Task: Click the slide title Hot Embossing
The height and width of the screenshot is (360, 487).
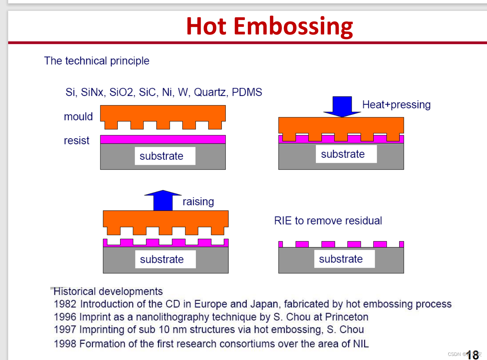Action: [x=270, y=26]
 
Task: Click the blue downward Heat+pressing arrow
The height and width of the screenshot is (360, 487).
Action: [x=342, y=106]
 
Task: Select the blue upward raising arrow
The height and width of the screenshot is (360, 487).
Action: [x=163, y=200]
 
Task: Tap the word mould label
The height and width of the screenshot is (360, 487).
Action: [x=78, y=117]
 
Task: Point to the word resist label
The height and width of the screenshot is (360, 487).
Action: [x=77, y=140]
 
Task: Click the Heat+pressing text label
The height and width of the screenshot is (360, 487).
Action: [x=396, y=105]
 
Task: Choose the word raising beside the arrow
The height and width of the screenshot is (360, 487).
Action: [x=198, y=202]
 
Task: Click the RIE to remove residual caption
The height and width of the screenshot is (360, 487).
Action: [x=328, y=221]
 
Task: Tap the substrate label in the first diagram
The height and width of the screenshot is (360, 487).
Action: [x=162, y=156]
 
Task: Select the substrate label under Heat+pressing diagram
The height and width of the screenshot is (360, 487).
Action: [x=343, y=154]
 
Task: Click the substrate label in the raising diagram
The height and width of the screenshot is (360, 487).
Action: [x=162, y=259]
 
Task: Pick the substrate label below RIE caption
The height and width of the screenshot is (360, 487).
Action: [x=341, y=259]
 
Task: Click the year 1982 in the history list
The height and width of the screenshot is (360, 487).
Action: [x=65, y=304]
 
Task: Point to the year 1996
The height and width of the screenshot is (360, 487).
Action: [x=65, y=317]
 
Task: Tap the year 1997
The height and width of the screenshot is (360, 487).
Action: [x=65, y=329]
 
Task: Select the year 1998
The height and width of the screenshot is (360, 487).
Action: [x=65, y=344]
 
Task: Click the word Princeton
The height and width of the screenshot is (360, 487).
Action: [x=347, y=317]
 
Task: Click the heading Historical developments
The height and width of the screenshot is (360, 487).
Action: [x=108, y=292]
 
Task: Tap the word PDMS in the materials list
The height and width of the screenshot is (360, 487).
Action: [x=247, y=92]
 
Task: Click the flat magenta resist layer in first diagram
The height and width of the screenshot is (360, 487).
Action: [x=163, y=139]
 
